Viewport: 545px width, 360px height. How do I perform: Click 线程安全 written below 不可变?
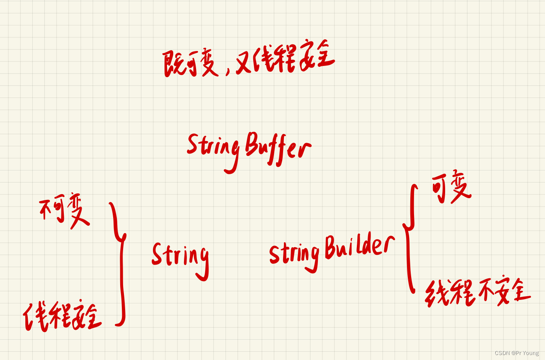(62, 317)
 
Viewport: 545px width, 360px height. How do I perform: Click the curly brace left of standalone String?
(119, 263)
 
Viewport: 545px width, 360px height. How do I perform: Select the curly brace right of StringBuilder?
(409, 238)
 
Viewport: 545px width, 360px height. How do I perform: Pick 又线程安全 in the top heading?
(285, 61)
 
